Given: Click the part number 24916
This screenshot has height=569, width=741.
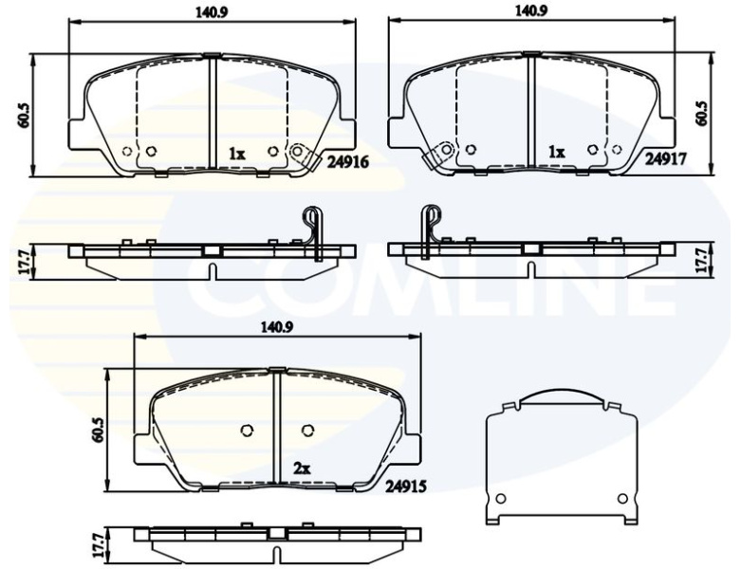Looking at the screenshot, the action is [347, 162].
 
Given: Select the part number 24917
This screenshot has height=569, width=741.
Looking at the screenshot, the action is [666, 157].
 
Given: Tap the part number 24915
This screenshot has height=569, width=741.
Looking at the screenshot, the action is [406, 486].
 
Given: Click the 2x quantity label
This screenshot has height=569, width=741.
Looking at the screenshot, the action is [302, 468].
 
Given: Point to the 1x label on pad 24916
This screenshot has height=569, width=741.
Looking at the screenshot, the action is [237, 154].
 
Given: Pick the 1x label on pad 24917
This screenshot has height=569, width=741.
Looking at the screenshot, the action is [557, 152].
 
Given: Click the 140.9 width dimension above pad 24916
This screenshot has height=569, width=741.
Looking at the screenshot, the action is [212, 12].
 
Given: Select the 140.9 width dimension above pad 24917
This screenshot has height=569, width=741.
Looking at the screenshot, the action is [531, 10].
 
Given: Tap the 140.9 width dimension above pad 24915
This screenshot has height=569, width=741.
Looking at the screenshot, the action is [277, 327].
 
